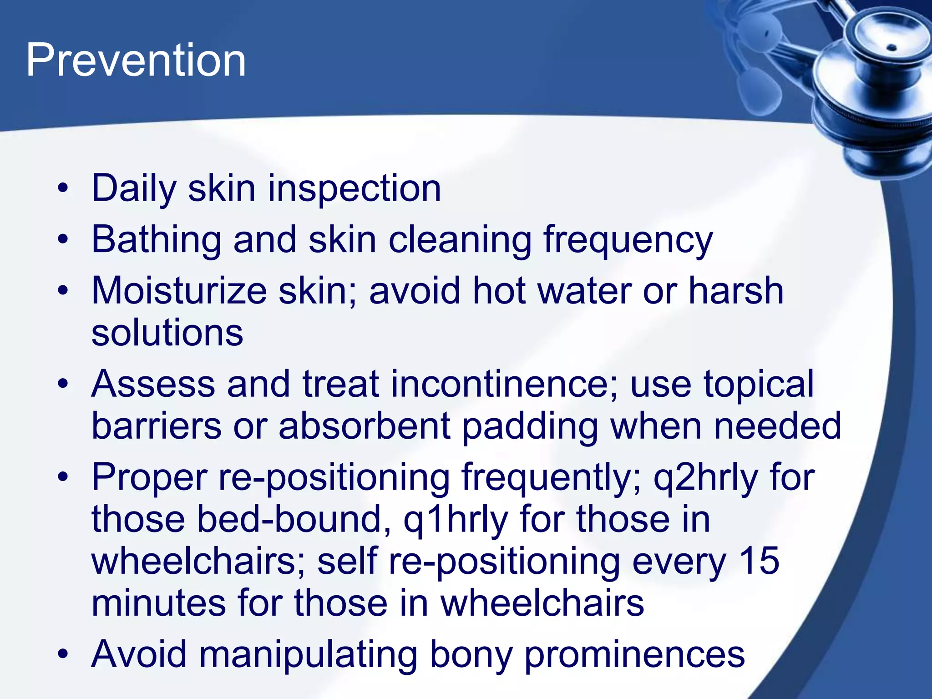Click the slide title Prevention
click(136, 61)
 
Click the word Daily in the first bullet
click(134, 189)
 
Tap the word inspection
click(354, 189)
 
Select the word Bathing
click(156, 240)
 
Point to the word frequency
click(628, 240)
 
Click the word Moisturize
click(179, 291)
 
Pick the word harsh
click(736, 291)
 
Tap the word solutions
click(167, 333)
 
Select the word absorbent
click(365, 426)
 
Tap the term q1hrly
click(456, 520)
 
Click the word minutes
click(158, 603)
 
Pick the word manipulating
click(308, 654)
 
